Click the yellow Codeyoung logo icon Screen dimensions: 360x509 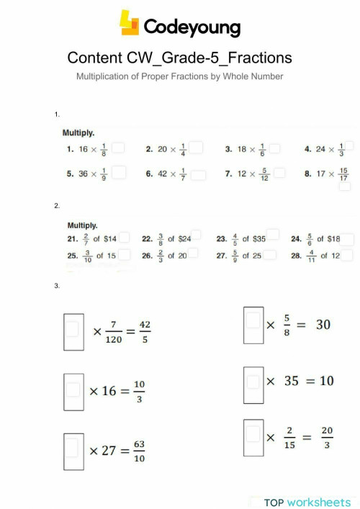(x=130, y=23)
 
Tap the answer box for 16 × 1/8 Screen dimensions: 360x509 (x=119, y=148)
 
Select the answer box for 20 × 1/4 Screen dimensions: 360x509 (x=197, y=148)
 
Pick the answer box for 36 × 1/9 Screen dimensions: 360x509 (x=120, y=173)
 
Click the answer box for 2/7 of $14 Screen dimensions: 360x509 (x=124, y=238)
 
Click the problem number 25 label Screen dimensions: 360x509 (x=72, y=256)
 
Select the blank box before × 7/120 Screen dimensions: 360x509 (x=73, y=330)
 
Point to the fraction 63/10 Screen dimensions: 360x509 (x=139, y=451)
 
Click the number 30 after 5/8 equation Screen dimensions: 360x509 (x=323, y=325)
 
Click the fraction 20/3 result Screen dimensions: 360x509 (x=326, y=438)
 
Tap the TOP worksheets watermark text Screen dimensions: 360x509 (x=307, y=501)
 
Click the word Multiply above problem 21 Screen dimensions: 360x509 (x=82, y=225)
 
